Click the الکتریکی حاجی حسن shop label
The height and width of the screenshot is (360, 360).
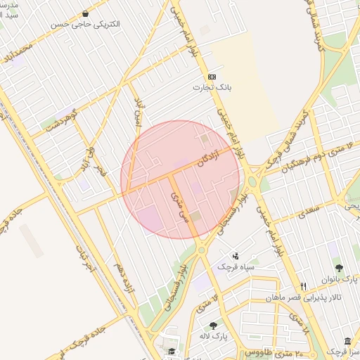(x=85, y=23)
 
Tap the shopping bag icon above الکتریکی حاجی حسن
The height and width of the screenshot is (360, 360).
(x=85, y=13)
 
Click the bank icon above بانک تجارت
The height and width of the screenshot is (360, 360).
(x=212, y=77)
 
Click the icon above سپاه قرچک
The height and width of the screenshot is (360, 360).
(x=235, y=256)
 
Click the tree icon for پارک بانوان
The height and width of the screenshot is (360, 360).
(x=339, y=268)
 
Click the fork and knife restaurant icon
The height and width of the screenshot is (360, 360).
(x=303, y=286)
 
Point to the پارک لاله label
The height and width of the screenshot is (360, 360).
(x=214, y=336)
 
